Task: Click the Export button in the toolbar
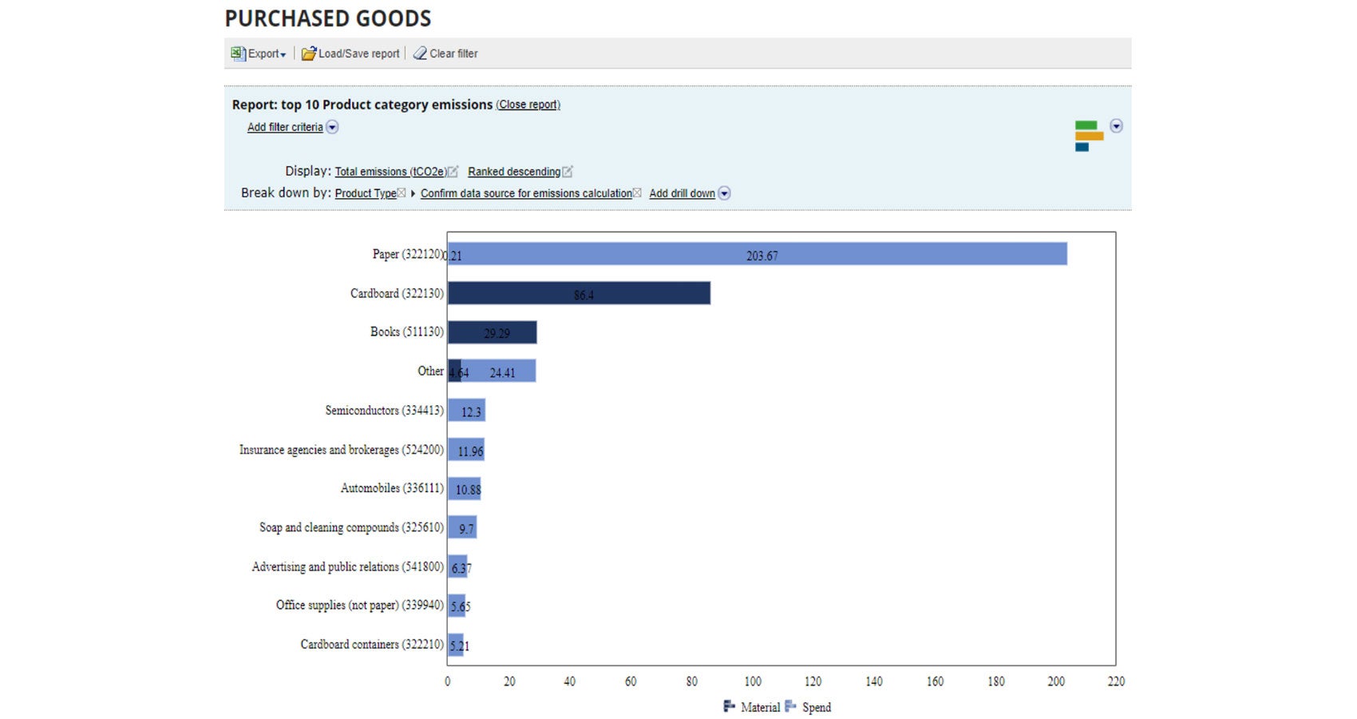click(x=259, y=54)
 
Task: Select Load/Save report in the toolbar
click(x=351, y=54)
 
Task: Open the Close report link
click(x=528, y=105)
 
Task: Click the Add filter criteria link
click(x=285, y=127)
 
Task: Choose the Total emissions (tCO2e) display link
click(x=390, y=172)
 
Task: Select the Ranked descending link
click(x=514, y=172)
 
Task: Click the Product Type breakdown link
click(x=366, y=193)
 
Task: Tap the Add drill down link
click(x=682, y=193)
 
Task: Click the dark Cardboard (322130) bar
click(x=579, y=293)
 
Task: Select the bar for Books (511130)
click(x=492, y=332)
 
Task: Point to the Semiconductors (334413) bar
click(x=466, y=411)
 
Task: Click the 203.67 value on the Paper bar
click(x=762, y=256)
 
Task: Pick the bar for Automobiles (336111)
click(x=464, y=489)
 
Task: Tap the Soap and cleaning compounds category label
click(x=351, y=527)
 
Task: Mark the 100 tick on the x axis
click(x=753, y=681)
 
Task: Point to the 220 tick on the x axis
click(x=1116, y=681)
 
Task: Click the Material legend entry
click(x=752, y=707)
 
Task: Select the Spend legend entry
click(x=809, y=707)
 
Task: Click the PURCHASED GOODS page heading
click(x=327, y=18)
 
